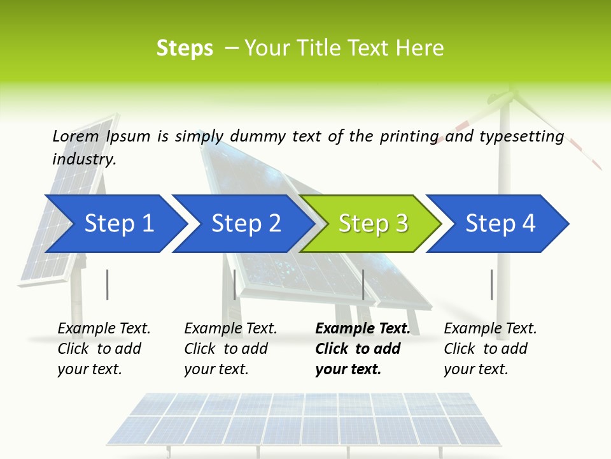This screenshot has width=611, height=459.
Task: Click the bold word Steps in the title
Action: pyautogui.click(x=185, y=48)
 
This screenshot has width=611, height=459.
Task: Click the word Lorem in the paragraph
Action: pyautogui.click(x=75, y=136)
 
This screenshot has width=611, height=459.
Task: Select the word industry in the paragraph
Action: pyautogui.click(x=84, y=159)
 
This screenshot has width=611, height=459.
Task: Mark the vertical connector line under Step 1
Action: pyautogui.click(x=108, y=284)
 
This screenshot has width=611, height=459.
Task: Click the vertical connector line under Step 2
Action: pyautogui.click(x=235, y=284)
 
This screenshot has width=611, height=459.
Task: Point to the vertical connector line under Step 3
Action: pyautogui.click(x=363, y=284)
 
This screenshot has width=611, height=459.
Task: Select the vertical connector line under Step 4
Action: pyautogui.click(x=491, y=284)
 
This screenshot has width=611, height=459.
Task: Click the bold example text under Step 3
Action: pyautogui.click(x=362, y=349)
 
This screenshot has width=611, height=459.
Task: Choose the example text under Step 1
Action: pyautogui.click(x=103, y=349)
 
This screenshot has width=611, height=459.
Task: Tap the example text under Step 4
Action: pyautogui.click(x=489, y=349)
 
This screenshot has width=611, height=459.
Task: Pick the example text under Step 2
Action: pyautogui.click(x=230, y=349)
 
